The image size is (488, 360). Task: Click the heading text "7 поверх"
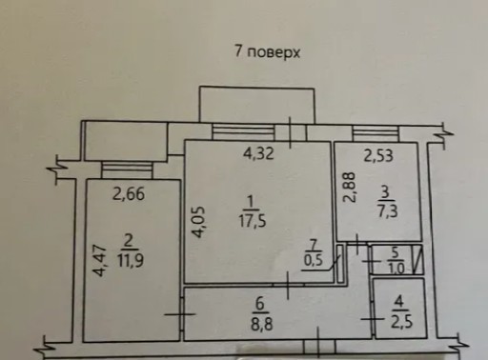[x=267, y=51]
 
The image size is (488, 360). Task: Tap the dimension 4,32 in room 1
[x=258, y=154]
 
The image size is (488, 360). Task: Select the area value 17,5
[x=253, y=221]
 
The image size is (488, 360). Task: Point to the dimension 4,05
[x=198, y=222]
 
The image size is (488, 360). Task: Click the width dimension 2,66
[x=129, y=194]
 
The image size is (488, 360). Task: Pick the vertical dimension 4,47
[x=99, y=260]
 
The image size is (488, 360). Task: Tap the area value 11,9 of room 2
[x=131, y=260]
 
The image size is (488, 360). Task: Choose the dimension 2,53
[x=378, y=156]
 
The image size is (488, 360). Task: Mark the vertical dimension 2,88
[x=350, y=188]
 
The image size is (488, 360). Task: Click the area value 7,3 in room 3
[x=388, y=210]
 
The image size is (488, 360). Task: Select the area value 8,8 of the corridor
[x=261, y=325]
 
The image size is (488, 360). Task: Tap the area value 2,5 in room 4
[x=401, y=321]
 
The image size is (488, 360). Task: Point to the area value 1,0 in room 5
[x=396, y=269]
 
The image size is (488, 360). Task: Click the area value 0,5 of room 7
[x=314, y=260]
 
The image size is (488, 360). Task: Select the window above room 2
[x=127, y=170]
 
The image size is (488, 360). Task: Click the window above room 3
[x=376, y=133]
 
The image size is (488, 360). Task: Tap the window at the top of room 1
[x=243, y=132]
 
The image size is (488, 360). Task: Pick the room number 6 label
[x=260, y=304]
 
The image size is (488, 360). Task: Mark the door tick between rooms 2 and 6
[x=180, y=314]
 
